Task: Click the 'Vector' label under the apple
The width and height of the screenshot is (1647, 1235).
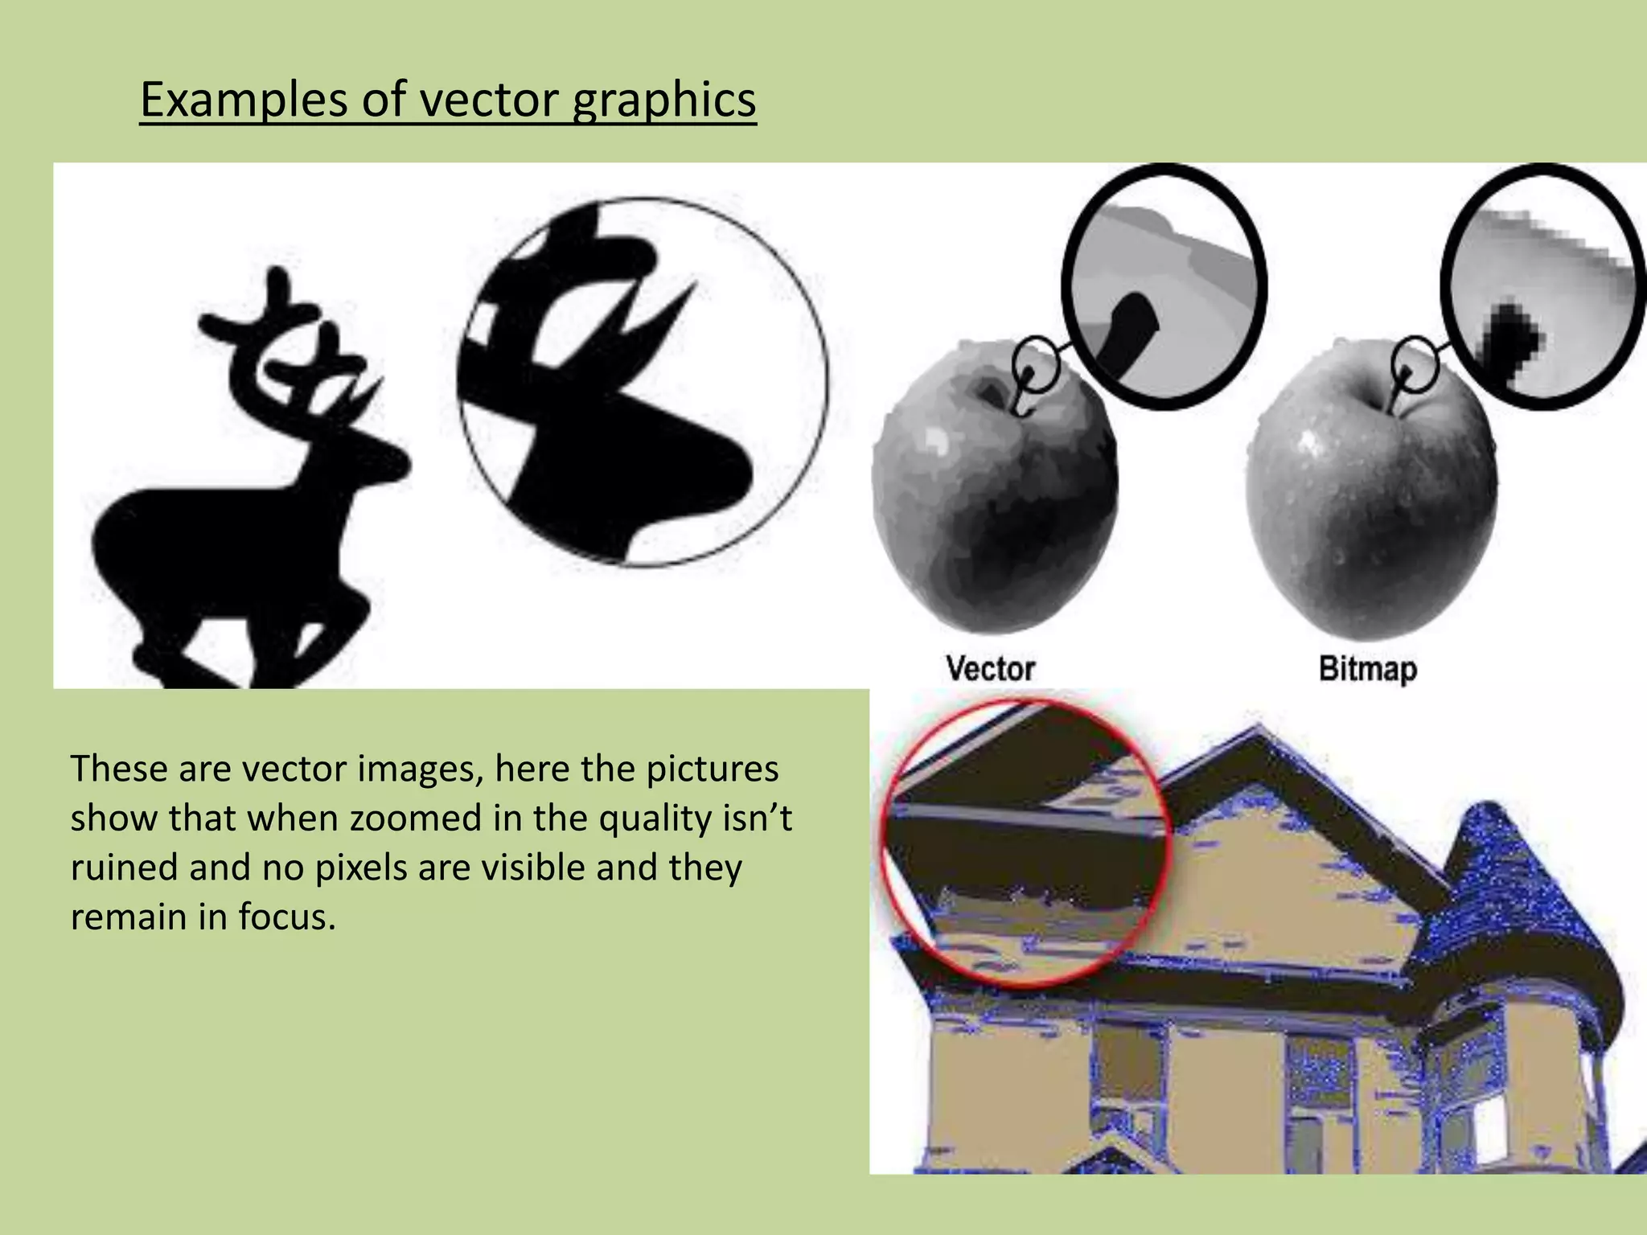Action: pos(990,669)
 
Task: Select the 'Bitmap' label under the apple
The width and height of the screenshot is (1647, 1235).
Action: pos(1367,669)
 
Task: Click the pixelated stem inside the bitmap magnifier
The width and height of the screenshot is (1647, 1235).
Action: pos(1510,338)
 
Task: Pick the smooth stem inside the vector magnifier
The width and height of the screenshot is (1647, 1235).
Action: pos(1130,330)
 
